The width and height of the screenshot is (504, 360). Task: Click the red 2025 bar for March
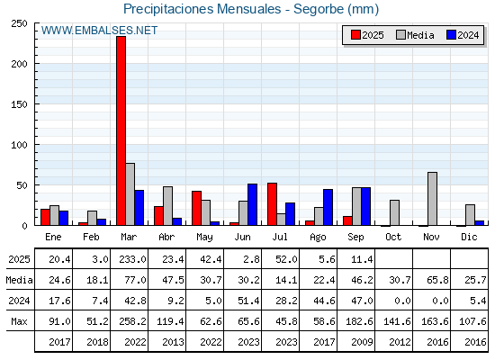click(x=121, y=130)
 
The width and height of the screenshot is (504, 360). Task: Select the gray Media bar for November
click(x=432, y=199)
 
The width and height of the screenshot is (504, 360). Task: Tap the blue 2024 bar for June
click(x=252, y=204)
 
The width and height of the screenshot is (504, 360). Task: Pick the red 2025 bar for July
click(x=272, y=204)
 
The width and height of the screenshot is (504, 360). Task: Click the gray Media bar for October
click(x=394, y=212)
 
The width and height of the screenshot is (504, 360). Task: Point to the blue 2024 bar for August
click(x=328, y=207)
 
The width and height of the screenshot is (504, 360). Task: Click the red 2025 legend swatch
click(x=355, y=35)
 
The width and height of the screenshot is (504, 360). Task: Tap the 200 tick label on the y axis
click(x=19, y=64)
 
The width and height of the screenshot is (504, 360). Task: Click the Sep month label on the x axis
click(x=355, y=238)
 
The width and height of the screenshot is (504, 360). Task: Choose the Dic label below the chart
click(x=469, y=237)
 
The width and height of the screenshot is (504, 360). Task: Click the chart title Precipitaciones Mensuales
click(x=202, y=9)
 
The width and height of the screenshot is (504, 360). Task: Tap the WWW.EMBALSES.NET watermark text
click(x=99, y=31)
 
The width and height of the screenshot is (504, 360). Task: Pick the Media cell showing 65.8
click(x=437, y=280)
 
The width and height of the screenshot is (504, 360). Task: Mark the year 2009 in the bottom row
click(x=362, y=342)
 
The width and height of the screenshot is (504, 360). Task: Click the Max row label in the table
click(x=19, y=321)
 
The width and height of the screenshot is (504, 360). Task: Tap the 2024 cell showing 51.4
click(x=248, y=301)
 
